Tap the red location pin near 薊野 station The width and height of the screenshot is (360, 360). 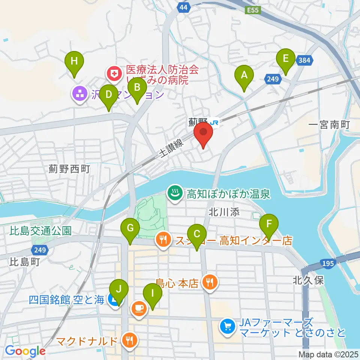coord(203,133)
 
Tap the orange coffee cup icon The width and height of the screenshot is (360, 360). coord(138,309)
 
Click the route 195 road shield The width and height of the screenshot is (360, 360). coord(328,264)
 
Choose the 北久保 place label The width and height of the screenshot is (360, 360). coord(308,280)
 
